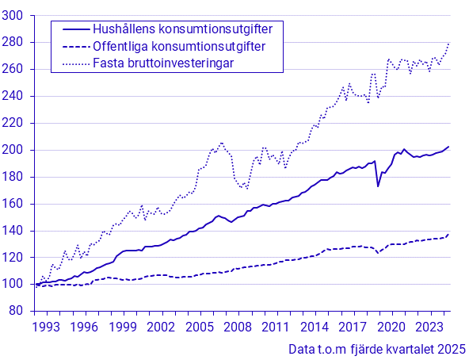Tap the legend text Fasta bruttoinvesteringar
click(x=163, y=63)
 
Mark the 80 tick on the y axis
click(x=17, y=311)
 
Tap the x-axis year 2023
click(x=428, y=327)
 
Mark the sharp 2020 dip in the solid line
click(x=379, y=186)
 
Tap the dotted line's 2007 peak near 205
click(x=222, y=143)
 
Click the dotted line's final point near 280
click(x=449, y=43)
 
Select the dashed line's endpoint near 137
click(x=449, y=234)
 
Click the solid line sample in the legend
click(x=76, y=29)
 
